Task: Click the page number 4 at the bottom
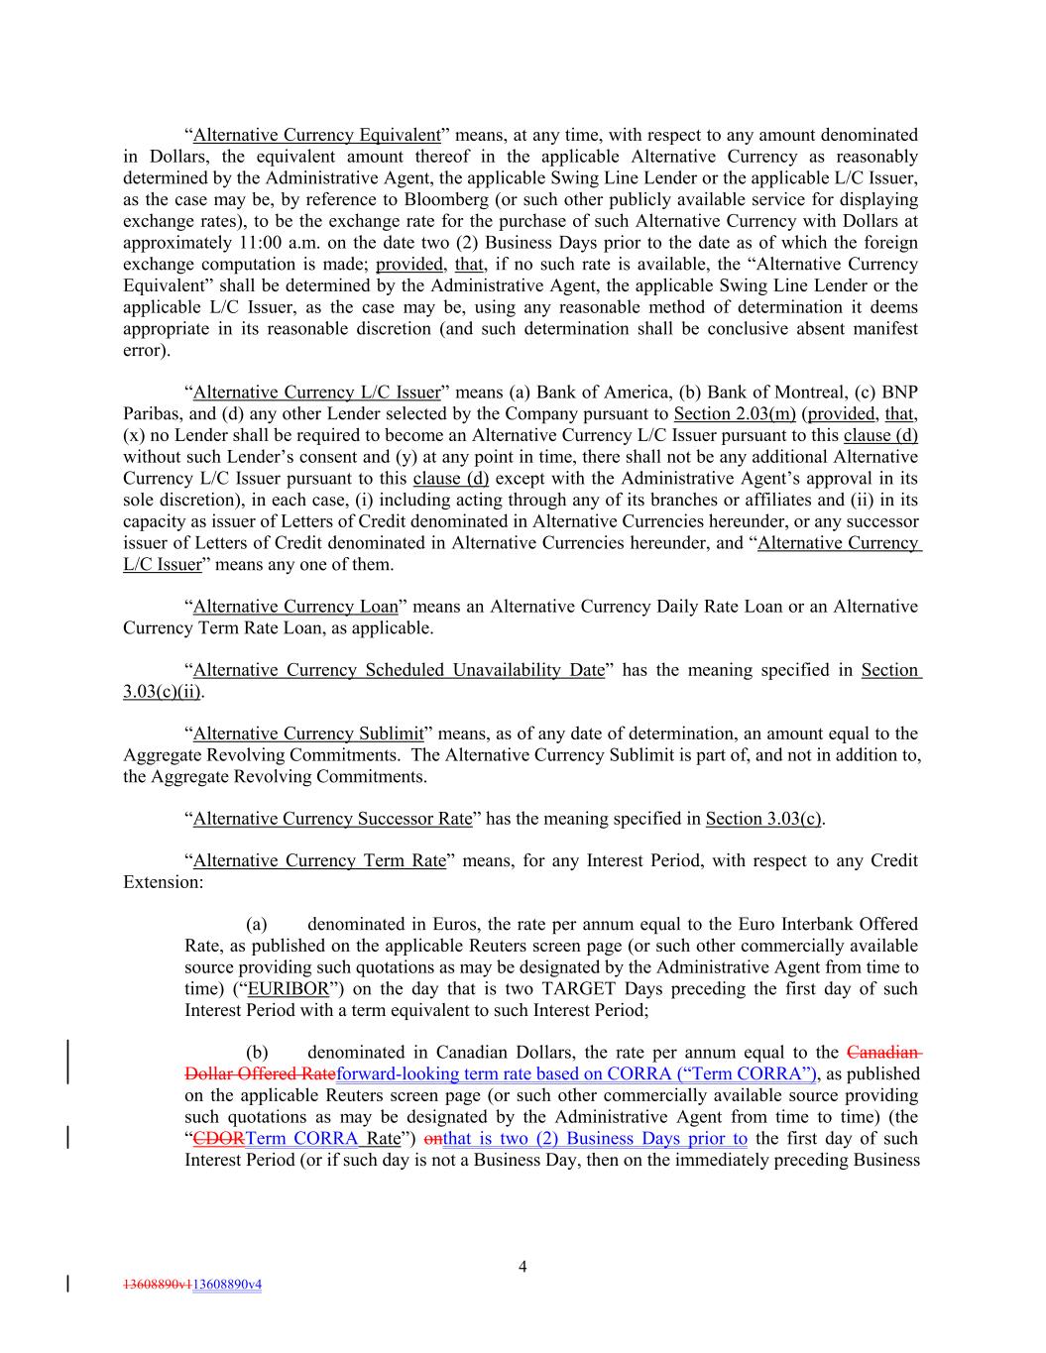point(523,1266)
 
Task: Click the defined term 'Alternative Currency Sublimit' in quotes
point(308,733)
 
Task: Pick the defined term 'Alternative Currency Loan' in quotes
point(295,606)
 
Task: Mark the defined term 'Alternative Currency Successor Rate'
point(332,819)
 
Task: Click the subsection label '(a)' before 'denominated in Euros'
point(257,924)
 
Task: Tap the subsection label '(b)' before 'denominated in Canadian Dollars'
point(257,1053)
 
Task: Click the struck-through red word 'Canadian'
point(881,1053)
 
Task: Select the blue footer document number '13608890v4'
point(227,1285)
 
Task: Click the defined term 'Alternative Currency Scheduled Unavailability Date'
point(399,670)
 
